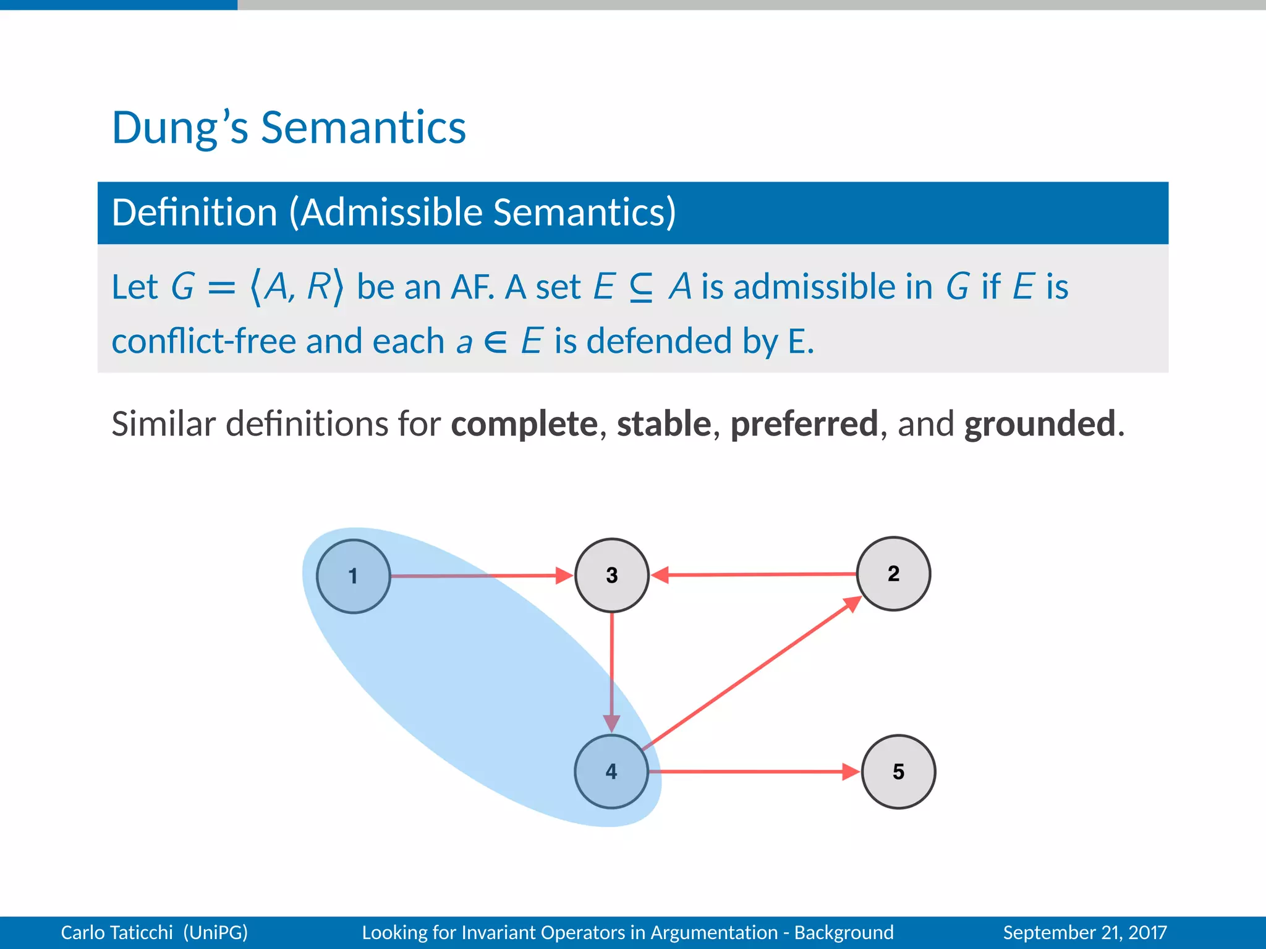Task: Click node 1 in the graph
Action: [353, 576]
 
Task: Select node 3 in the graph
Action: [611, 575]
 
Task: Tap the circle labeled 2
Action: [893, 573]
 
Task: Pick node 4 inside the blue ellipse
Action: [611, 771]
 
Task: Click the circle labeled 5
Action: [898, 771]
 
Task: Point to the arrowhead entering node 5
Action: [851, 771]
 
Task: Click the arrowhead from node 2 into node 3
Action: [660, 575]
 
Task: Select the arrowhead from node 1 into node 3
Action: [564, 575]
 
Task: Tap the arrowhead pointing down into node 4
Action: [611, 723]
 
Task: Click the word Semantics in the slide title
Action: [363, 128]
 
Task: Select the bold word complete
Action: [524, 424]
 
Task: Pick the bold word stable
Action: [664, 424]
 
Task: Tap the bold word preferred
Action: [804, 424]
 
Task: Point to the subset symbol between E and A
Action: [640, 288]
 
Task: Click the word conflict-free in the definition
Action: [203, 341]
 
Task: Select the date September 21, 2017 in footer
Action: [1084, 932]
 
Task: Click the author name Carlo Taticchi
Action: [117, 932]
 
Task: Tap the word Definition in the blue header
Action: [194, 213]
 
